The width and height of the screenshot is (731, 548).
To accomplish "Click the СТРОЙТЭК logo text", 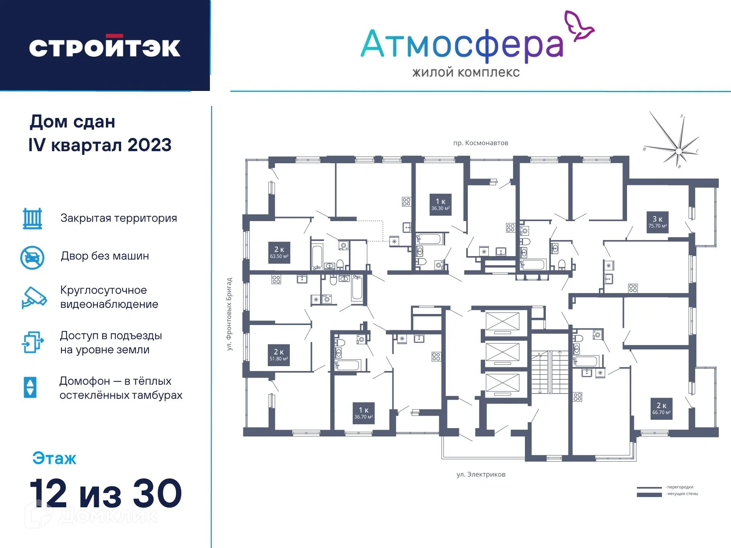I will (x=104, y=47).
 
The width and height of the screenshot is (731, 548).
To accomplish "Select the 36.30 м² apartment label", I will (x=440, y=205).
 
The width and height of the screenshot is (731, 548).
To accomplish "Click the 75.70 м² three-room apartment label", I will (x=657, y=222).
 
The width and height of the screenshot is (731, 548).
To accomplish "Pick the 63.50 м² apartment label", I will (x=279, y=253).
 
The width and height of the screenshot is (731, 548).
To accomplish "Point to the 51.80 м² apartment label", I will (x=279, y=355).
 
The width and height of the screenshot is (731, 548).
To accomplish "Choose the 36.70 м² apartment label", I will (x=363, y=413).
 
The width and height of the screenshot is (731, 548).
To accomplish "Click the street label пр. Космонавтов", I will (x=480, y=143).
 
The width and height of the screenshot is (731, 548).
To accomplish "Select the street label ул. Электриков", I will (x=481, y=475).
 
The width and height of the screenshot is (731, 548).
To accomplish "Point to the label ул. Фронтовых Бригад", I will (x=229, y=314).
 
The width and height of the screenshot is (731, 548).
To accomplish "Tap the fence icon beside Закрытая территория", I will (x=32, y=218).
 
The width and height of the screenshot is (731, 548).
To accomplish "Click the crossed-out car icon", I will (x=32, y=257).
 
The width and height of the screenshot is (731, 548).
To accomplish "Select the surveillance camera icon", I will (x=34, y=298).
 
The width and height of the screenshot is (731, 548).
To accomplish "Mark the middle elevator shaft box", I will (x=502, y=352).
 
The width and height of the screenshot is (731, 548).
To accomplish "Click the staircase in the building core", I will (x=549, y=372).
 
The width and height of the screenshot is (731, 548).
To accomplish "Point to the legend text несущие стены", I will (x=682, y=494).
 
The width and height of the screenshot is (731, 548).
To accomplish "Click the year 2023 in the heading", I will (x=149, y=145).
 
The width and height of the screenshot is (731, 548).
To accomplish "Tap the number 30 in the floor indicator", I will (x=157, y=494).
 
